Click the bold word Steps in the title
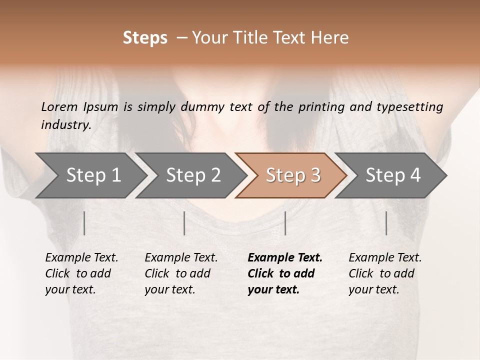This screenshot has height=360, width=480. pos(145,38)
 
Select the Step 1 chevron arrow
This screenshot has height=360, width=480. pos(90,175)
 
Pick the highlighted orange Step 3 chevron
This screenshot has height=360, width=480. pos(291,175)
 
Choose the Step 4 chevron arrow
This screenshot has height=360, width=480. pos(391,175)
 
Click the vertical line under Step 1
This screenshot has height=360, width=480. pos(84,223)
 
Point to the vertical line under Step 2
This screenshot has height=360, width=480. pos(184,223)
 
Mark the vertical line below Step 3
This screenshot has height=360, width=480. pos(285,223)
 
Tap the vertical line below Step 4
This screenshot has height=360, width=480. pos(386,223)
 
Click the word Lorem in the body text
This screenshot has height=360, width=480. pos(59,107)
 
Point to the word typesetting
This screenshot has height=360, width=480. pos(409,107)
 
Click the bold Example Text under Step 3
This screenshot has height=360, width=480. pos(285,258)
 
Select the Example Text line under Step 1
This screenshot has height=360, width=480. pos(81,258)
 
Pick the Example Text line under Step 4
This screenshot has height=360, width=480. pos(385,258)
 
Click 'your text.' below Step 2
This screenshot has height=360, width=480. pos(169,289)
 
